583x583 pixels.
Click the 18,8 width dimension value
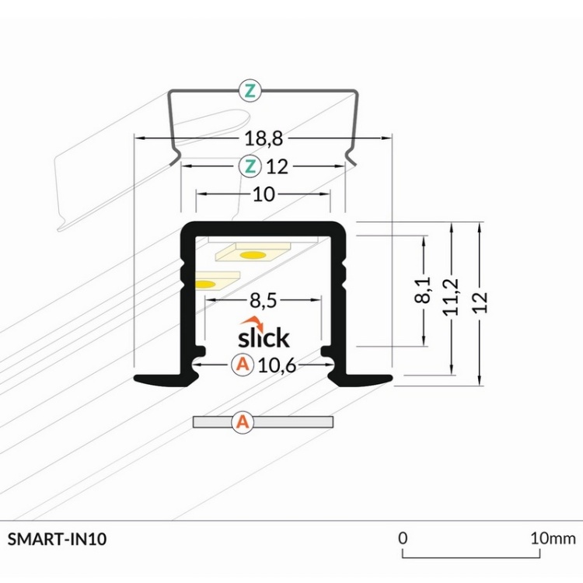pos(263,139)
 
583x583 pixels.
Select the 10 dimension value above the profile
pos(264,194)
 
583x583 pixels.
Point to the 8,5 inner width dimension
pos(264,301)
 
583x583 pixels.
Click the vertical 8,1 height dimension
pos(424,289)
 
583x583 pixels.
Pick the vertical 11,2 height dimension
pos(452,296)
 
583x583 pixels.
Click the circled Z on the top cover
pos(249,91)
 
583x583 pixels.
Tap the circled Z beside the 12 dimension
pos(249,166)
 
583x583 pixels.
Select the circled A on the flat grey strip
pos(243,422)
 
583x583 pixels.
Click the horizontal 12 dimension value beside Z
pos(277,166)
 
